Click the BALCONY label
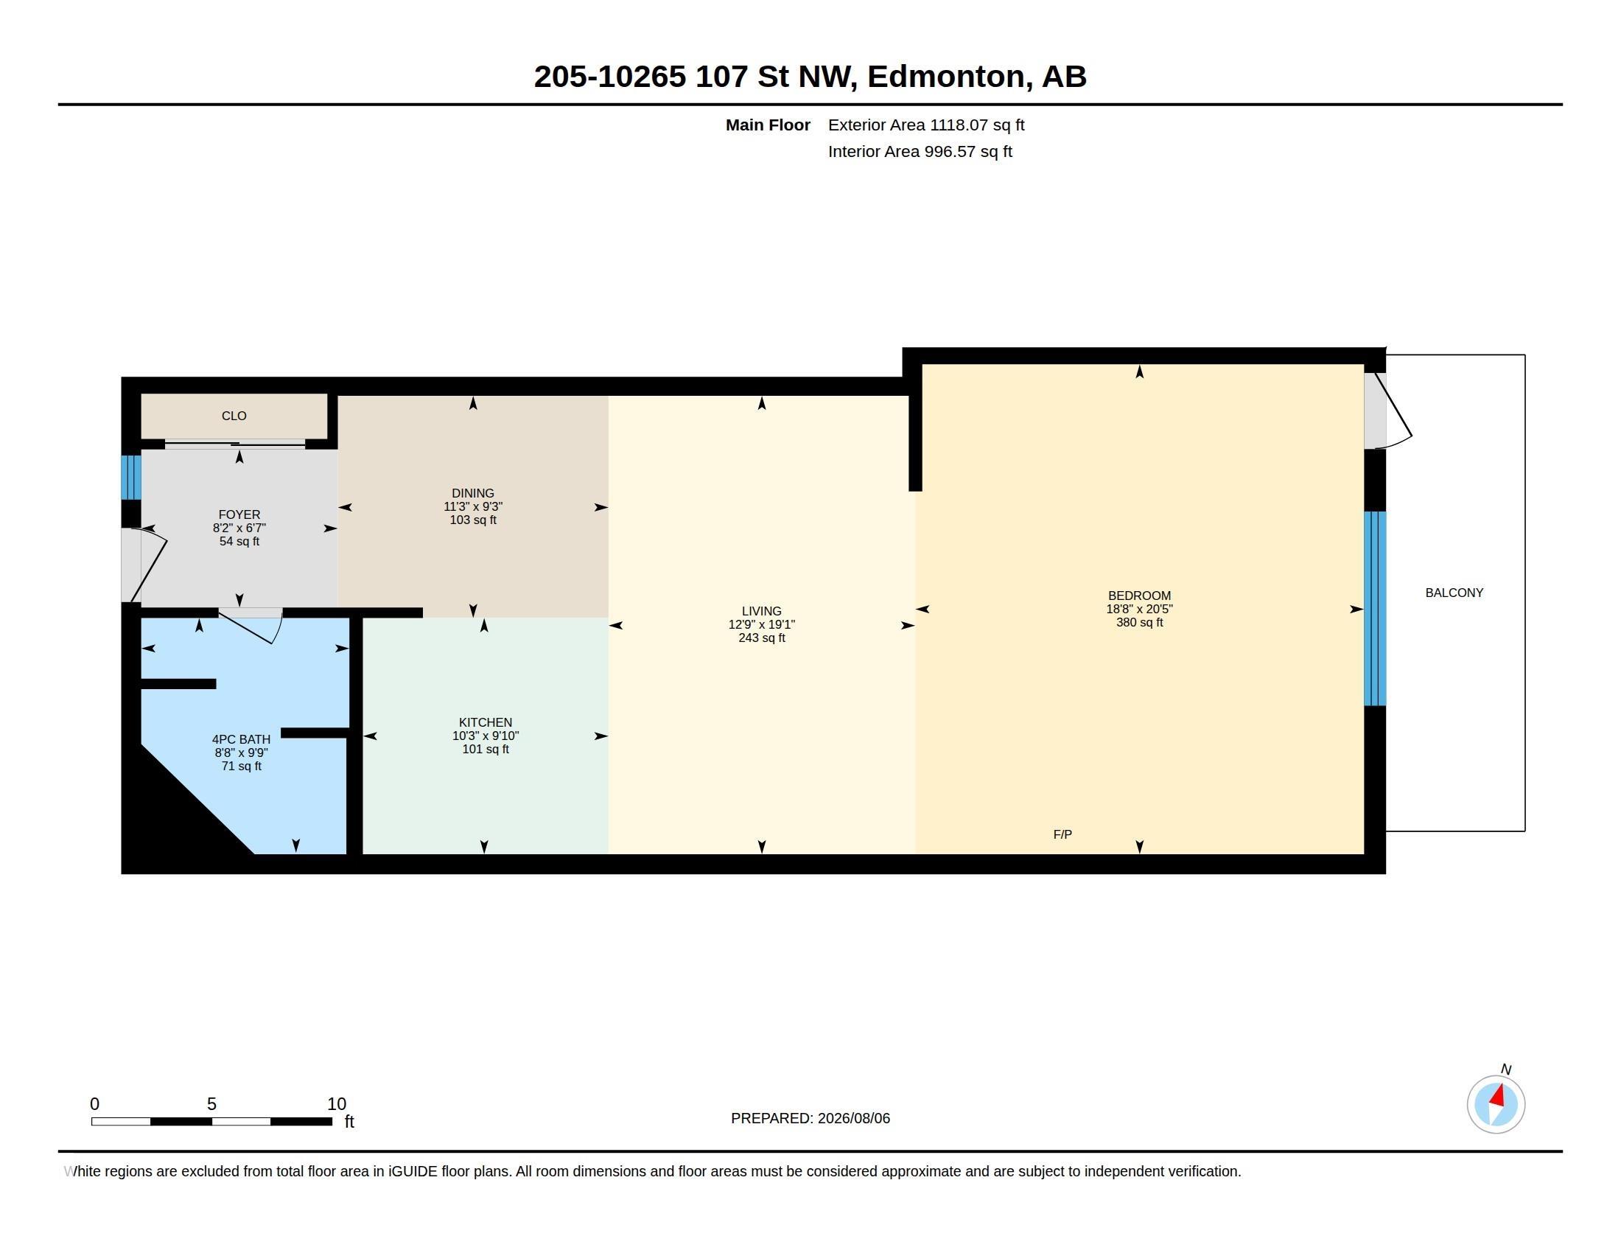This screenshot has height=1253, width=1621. pyautogui.click(x=1454, y=593)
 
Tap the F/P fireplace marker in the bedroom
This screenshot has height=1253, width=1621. pyautogui.click(x=1062, y=834)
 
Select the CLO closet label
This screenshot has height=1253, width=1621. pyautogui.click(x=234, y=416)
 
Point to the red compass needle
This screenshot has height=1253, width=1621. pyautogui.click(x=1497, y=1095)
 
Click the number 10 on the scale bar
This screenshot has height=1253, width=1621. pyautogui.click(x=336, y=1104)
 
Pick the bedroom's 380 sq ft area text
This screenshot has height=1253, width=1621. pyautogui.click(x=1139, y=622)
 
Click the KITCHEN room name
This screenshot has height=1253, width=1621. pyautogui.click(x=486, y=722)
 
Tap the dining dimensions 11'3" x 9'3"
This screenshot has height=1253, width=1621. pyautogui.click(x=473, y=506)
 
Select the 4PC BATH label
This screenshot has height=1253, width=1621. pyautogui.click(x=241, y=739)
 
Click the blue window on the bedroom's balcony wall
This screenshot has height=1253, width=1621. pyautogui.click(x=1375, y=608)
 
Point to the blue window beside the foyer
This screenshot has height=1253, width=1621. pyautogui.click(x=130, y=478)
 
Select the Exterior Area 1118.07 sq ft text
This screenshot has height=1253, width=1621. pyautogui.click(x=926, y=125)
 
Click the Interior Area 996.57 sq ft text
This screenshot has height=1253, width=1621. pyautogui.click(x=920, y=151)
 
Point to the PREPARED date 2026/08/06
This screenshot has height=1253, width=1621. pyautogui.click(x=853, y=1118)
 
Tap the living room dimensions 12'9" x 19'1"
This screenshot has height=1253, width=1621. pyautogui.click(x=762, y=624)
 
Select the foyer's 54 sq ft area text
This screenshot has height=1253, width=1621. pyautogui.click(x=239, y=541)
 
